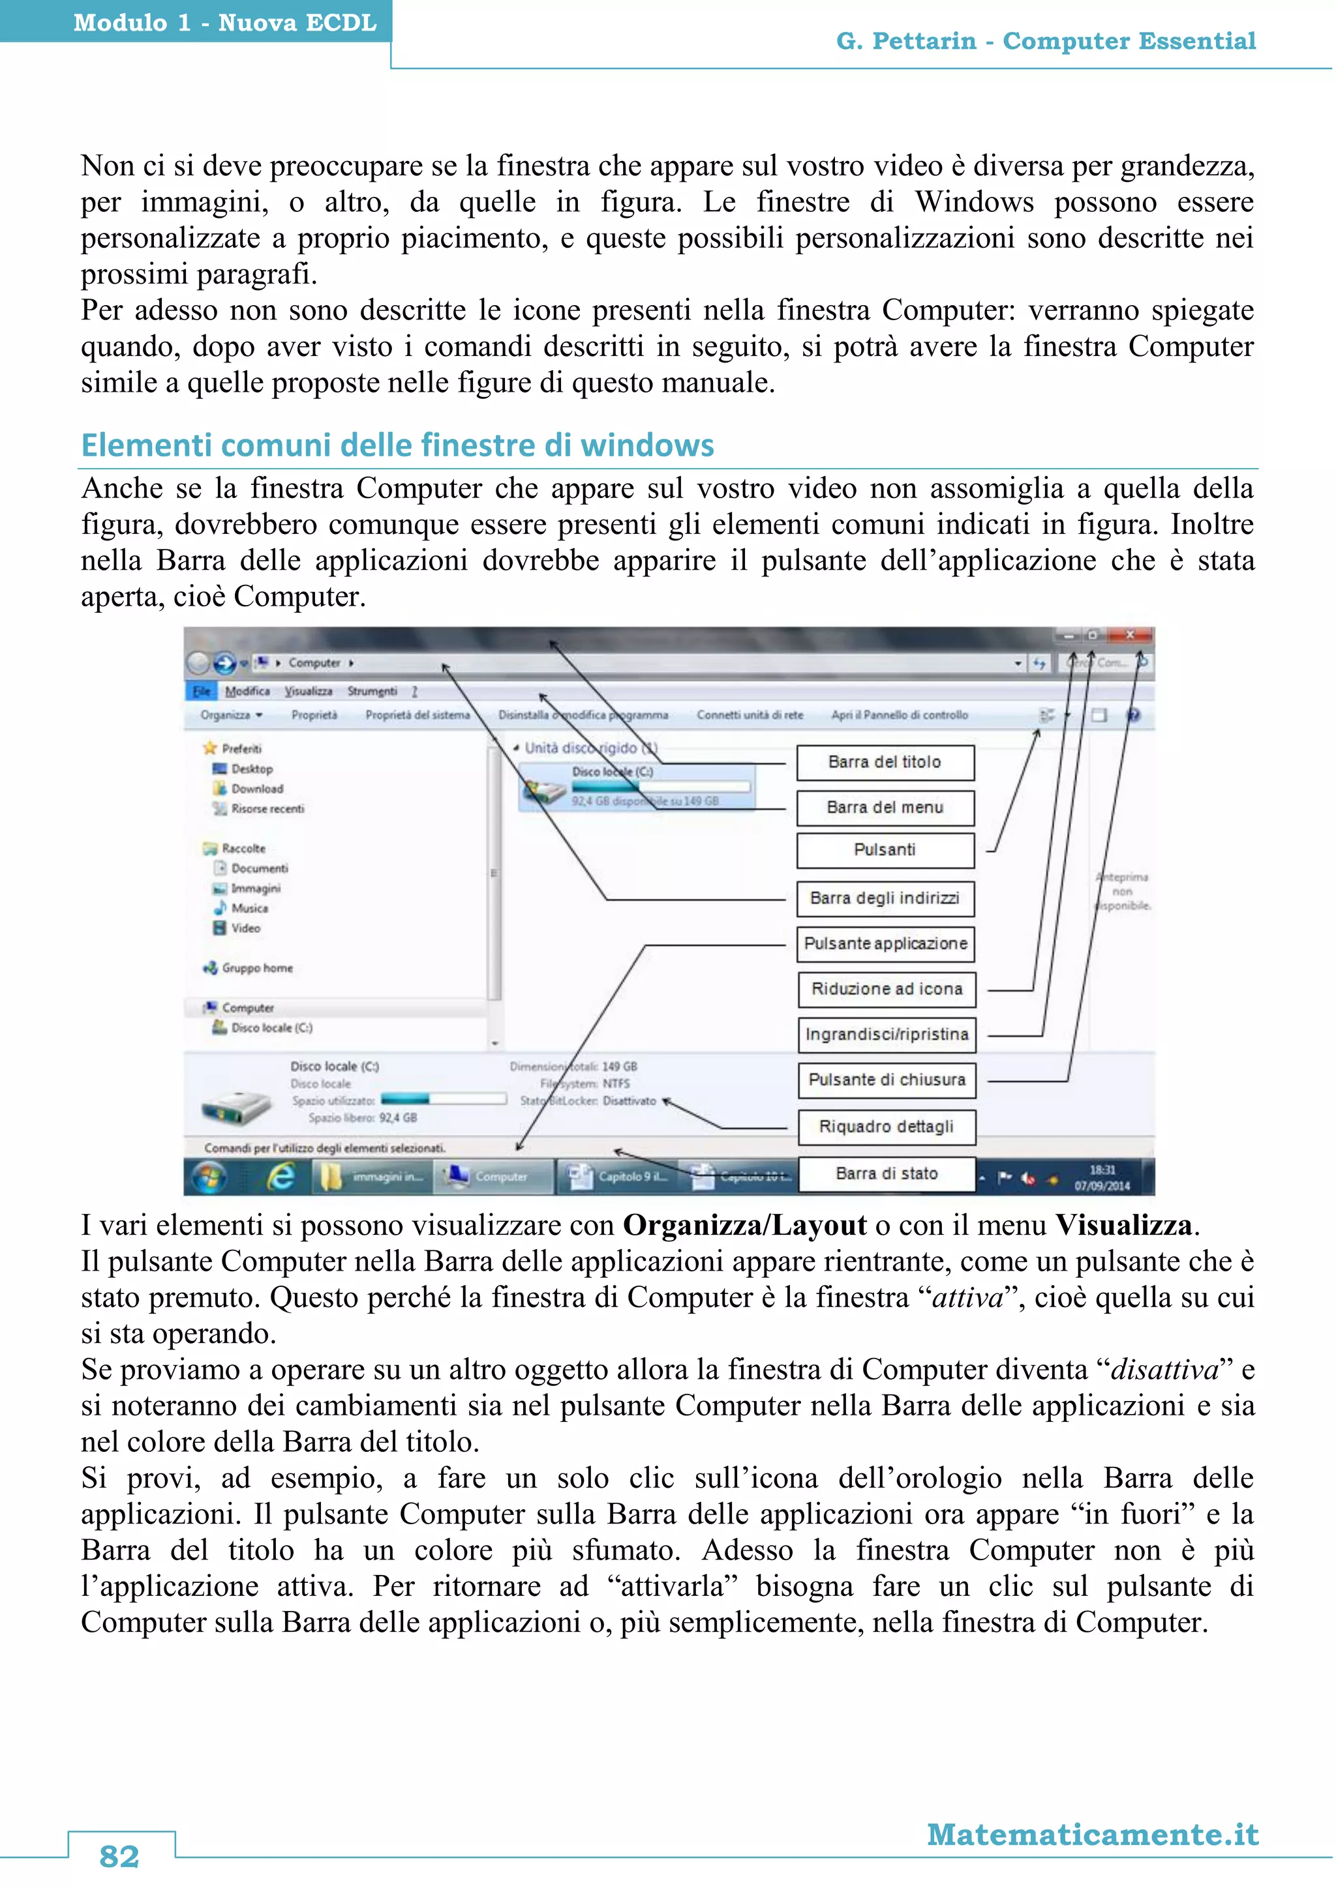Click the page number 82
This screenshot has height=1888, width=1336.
(x=119, y=1855)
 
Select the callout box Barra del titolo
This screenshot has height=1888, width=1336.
(x=885, y=762)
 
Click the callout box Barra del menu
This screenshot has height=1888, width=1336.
(x=885, y=808)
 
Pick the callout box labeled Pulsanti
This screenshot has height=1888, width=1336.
(x=885, y=850)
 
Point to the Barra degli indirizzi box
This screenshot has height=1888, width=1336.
(x=885, y=898)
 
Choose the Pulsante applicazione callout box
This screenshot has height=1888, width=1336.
(x=885, y=943)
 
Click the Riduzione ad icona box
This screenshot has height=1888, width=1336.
(x=886, y=989)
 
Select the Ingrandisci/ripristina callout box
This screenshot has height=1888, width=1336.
(x=886, y=1035)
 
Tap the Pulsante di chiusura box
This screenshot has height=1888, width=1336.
(x=886, y=1080)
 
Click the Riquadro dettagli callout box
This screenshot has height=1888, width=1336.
(x=886, y=1127)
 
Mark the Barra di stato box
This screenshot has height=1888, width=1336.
(x=886, y=1173)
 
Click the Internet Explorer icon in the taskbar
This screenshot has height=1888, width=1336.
(x=281, y=1177)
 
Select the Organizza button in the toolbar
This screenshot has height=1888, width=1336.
(x=230, y=715)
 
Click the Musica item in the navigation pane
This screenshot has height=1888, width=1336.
(x=249, y=909)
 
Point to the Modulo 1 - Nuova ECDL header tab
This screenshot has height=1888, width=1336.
(x=224, y=22)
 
